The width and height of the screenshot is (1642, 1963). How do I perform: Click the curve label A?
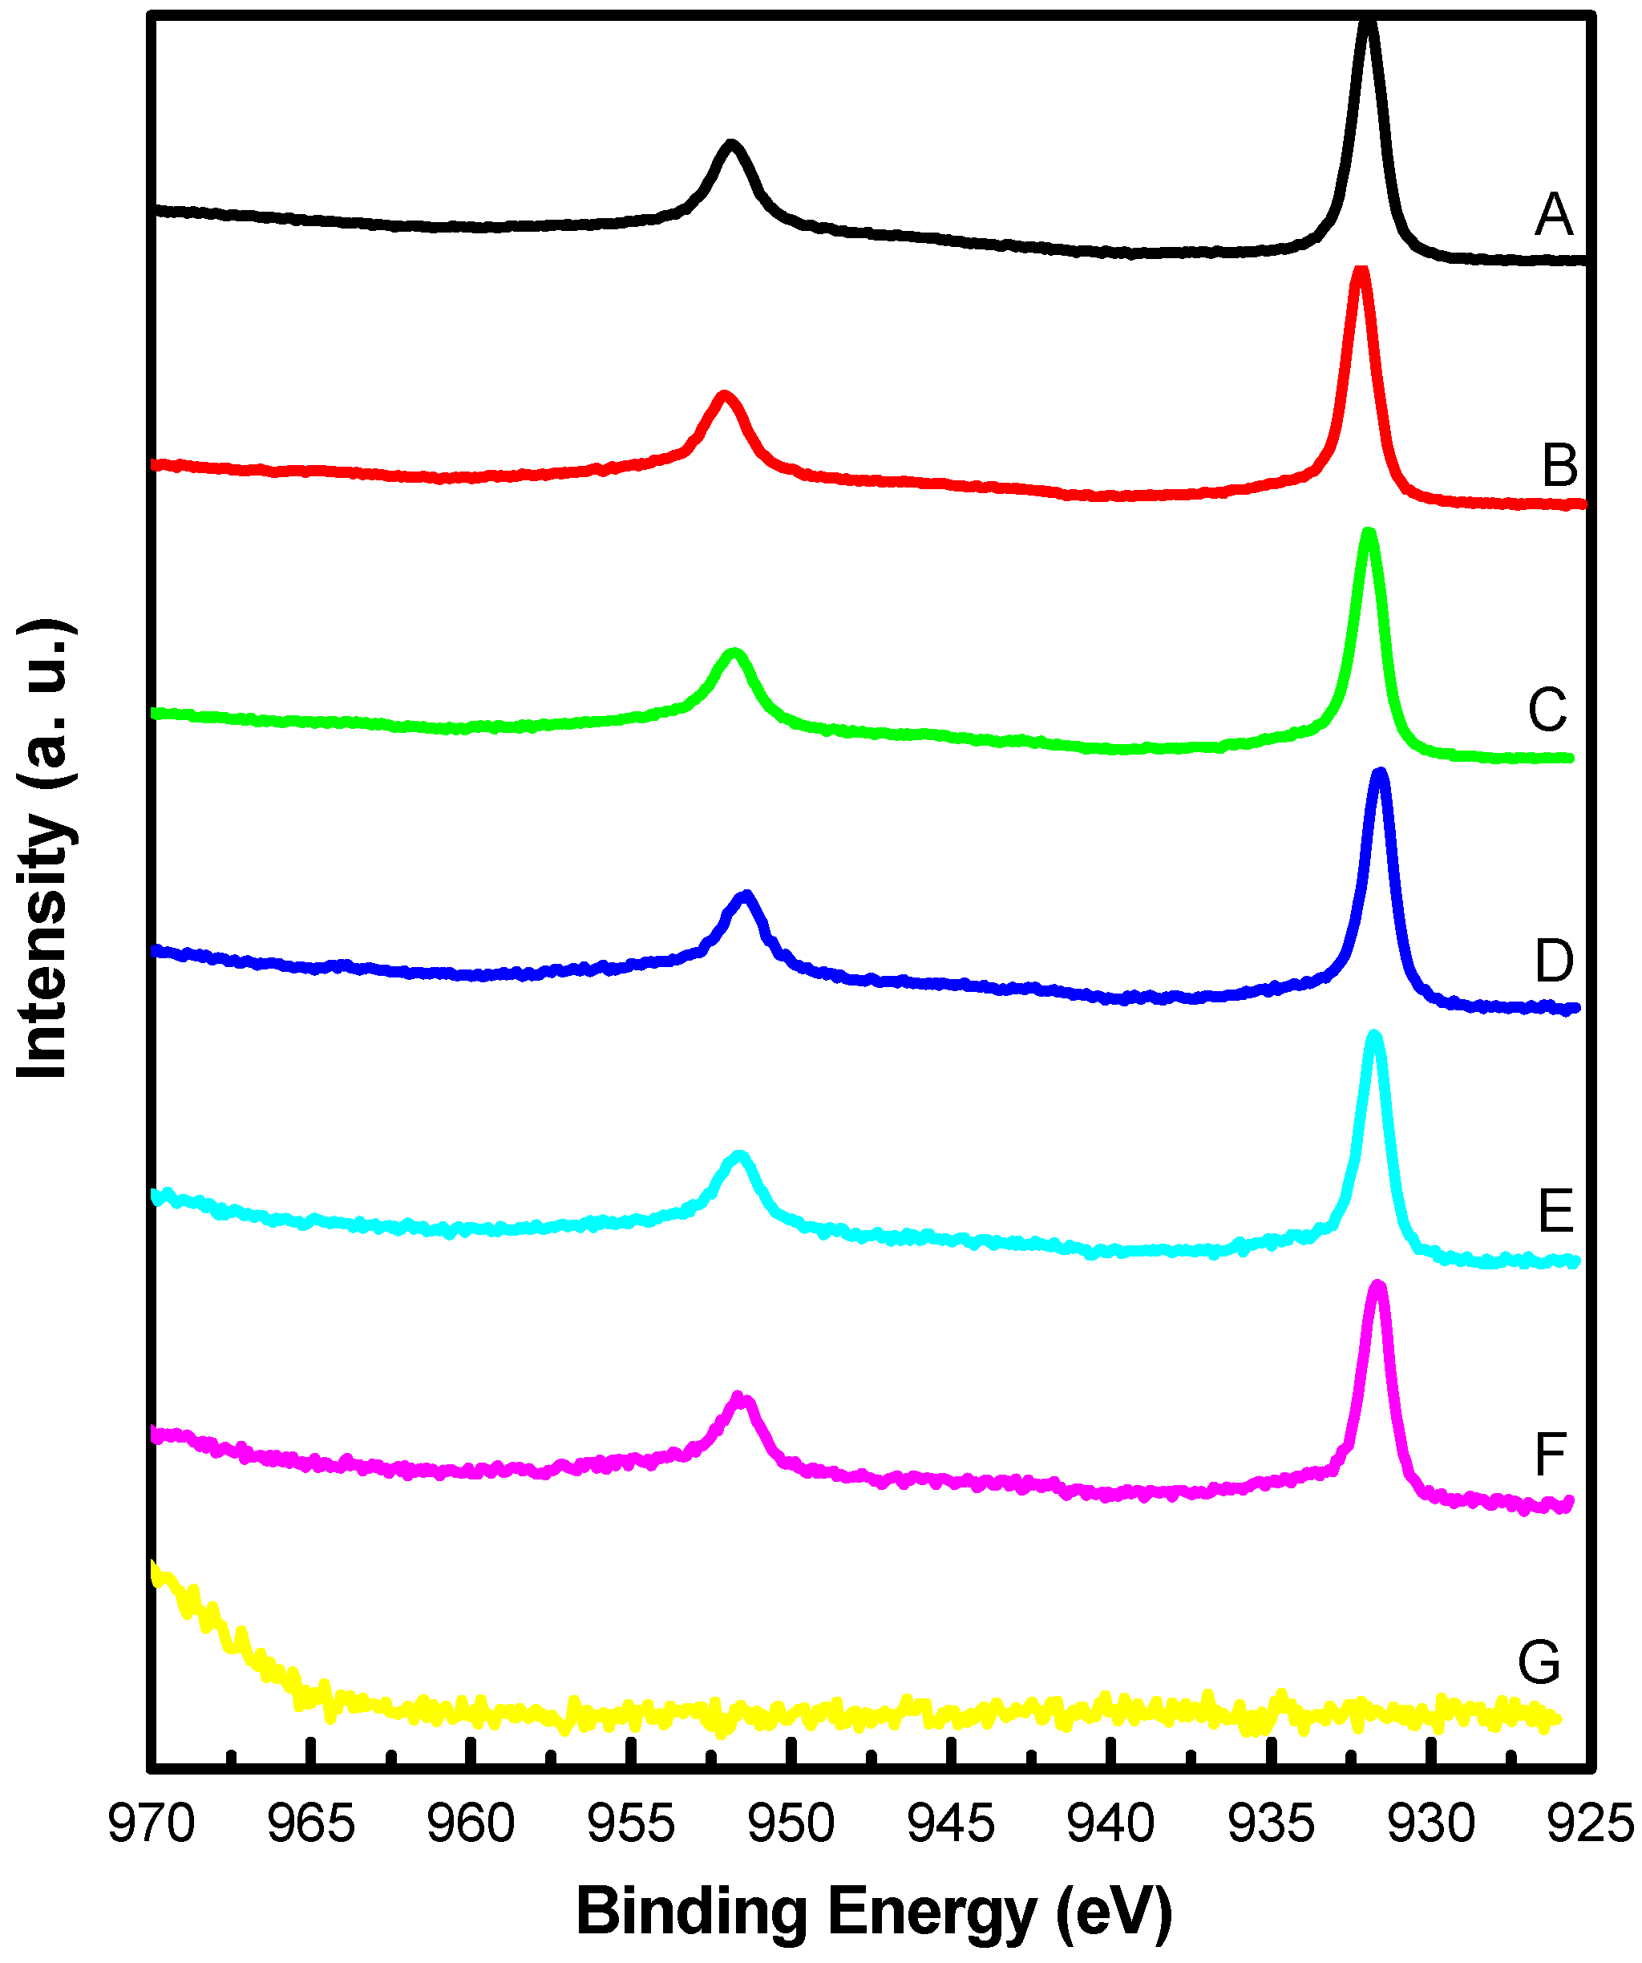1554,215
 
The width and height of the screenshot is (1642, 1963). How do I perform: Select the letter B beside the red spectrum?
1559,466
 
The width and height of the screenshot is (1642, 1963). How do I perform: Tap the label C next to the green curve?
1547,710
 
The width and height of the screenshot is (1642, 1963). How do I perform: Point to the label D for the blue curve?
1554,961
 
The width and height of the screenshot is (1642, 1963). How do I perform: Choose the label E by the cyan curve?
1556,1212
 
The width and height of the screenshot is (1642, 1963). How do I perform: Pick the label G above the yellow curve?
1539,1663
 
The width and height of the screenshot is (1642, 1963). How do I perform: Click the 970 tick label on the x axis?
152,1823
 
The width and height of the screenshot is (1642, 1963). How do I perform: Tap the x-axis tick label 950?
791,1823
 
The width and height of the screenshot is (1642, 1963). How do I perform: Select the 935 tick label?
1270,1823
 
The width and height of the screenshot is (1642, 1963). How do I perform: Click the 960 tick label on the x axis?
471,1823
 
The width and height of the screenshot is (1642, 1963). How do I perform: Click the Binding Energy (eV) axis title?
874,1912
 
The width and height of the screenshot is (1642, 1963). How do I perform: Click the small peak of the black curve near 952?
731,145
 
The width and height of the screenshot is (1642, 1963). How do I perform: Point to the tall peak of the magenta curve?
1377,1288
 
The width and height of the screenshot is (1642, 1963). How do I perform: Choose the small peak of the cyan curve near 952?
739,1156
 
